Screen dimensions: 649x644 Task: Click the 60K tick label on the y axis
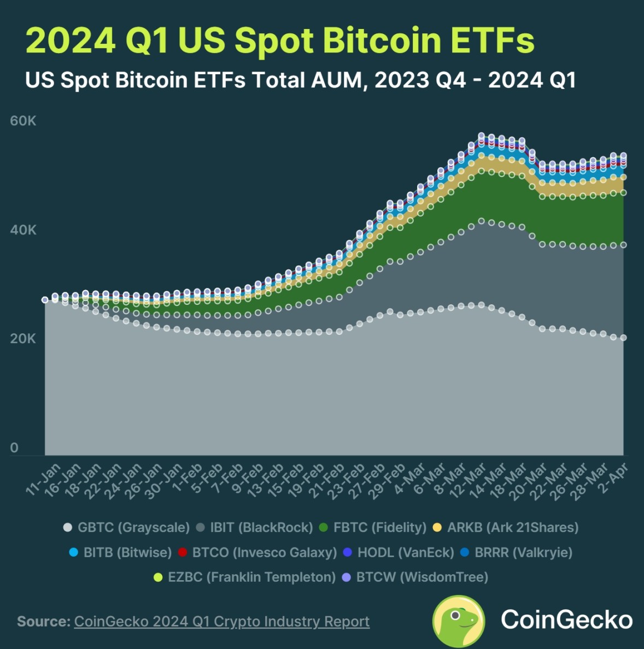(23, 121)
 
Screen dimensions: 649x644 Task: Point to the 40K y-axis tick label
(23, 230)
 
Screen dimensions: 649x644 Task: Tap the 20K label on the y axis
(23, 339)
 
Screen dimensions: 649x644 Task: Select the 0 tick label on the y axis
(14, 448)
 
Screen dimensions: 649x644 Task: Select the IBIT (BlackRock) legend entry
(255, 528)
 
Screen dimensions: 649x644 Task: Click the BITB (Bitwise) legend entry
(121, 552)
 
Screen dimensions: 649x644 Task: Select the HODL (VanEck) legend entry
(399, 552)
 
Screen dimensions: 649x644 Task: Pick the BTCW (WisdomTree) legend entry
(415, 577)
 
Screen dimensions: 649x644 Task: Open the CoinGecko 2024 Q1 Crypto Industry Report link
(221, 622)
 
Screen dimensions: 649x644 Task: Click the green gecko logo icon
(458, 621)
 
